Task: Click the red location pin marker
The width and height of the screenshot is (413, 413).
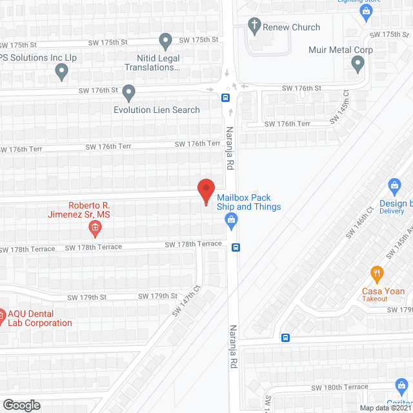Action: (206, 191)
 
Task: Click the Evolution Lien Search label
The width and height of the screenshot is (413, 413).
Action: (157, 110)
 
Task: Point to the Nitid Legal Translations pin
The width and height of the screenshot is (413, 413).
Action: (165, 41)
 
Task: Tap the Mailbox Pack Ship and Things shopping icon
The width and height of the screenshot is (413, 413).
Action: (230, 221)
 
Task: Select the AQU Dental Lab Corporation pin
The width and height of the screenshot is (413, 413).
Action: (2, 299)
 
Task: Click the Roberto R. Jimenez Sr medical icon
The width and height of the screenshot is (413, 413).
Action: (95, 227)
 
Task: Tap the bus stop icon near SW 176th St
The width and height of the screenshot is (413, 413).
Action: (225, 98)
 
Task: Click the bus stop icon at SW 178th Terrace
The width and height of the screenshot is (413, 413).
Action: (236, 247)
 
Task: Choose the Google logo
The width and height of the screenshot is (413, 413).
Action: (21, 405)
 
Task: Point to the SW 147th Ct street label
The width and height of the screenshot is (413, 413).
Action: (186, 301)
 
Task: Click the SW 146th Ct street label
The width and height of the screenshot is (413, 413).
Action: (359, 223)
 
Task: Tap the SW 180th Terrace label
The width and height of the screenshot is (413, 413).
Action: (339, 387)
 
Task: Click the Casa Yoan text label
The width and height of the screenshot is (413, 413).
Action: (383, 291)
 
